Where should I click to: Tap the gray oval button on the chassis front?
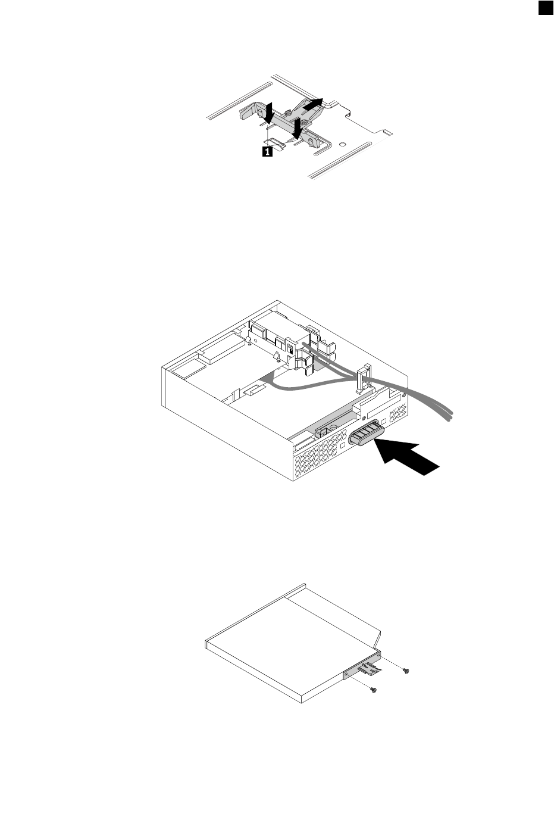point(366,432)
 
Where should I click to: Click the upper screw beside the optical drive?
point(405,671)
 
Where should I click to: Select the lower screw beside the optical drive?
point(374,691)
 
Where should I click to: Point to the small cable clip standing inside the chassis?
point(362,381)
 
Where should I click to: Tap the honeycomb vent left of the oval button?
point(321,459)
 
